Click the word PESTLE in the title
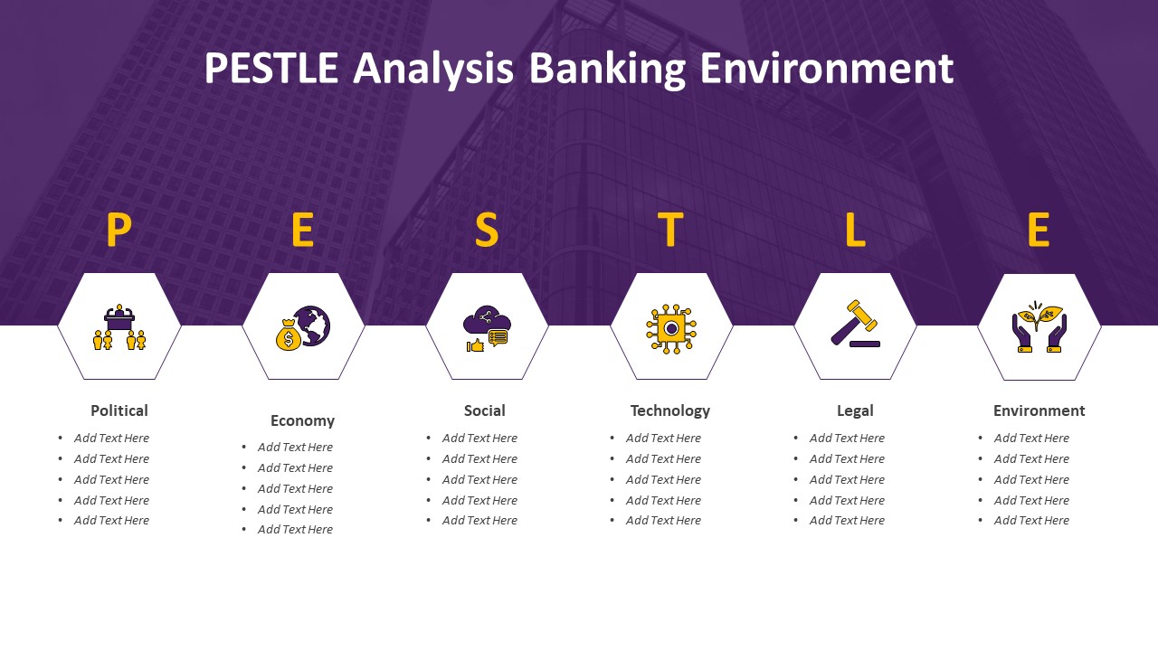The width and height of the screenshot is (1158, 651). [x=271, y=68]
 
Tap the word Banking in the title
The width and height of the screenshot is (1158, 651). [x=607, y=70]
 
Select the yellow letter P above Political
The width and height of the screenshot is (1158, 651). [x=119, y=230]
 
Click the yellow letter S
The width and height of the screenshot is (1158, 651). [x=487, y=230]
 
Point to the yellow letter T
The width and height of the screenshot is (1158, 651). [x=670, y=230]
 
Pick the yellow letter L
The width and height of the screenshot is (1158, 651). [x=855, y=230]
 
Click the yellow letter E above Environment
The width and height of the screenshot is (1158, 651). [x=1039, y=230]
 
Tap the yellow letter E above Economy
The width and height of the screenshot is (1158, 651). [x=303, y=230]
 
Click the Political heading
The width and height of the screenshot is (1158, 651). [x=119, y=410]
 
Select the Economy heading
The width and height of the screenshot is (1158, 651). [x=302, y=420]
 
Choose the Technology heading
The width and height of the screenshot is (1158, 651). [x=670, y=411]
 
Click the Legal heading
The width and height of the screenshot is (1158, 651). [x=855, y=411]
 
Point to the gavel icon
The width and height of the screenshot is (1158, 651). [x=855, y=324]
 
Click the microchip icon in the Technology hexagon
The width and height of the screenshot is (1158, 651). [x=671, y=328]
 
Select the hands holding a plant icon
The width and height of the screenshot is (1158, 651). [x=1039, y=326]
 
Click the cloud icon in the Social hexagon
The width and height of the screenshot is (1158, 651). [x=486, y=319]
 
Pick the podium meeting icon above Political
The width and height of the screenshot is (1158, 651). [x=119, y=326]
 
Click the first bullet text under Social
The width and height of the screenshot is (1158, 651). [x=479, y=439]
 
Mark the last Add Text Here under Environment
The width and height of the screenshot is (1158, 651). [x=1031, y=520]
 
